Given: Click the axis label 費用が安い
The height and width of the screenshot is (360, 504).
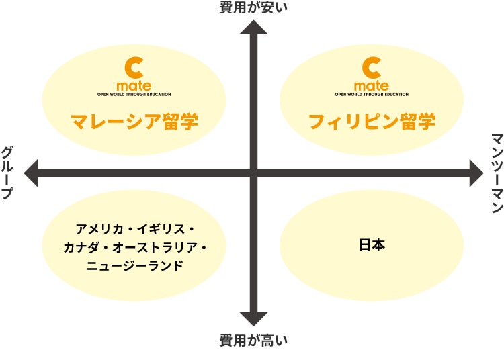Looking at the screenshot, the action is (x=253, y=8).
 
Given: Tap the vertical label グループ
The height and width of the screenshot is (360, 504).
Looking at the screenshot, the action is (x=8, y=173).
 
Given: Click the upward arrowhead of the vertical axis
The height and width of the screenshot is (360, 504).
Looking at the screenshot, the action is (x=254, y=28).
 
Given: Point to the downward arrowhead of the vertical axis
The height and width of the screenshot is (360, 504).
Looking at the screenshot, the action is (x=254, y=319).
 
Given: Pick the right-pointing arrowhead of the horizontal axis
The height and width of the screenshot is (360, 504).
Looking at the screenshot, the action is (x=476, y=173).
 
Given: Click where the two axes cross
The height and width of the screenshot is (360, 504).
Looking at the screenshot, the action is (x=254, y=173).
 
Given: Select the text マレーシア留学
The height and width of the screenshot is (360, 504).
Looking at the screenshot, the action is (x=134, y=122).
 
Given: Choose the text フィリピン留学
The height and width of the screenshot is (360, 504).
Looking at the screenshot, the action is (x=372, y=122).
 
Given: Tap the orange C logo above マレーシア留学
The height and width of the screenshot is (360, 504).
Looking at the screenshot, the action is (x=134, y=68).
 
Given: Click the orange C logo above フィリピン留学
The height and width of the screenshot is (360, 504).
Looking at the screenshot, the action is (x=371, y=68).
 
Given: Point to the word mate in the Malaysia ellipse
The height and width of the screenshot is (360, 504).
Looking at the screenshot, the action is (x=134, y=86).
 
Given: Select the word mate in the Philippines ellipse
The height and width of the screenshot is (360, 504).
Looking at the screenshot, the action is (x=371, y=86).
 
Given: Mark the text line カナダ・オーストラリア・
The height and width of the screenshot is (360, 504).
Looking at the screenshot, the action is (x=134, y=248).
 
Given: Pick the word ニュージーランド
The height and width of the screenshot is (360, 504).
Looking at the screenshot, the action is (x=134, y=266).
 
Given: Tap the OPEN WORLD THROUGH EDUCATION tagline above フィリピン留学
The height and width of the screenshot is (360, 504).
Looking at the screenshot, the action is (x=371, y=95).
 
